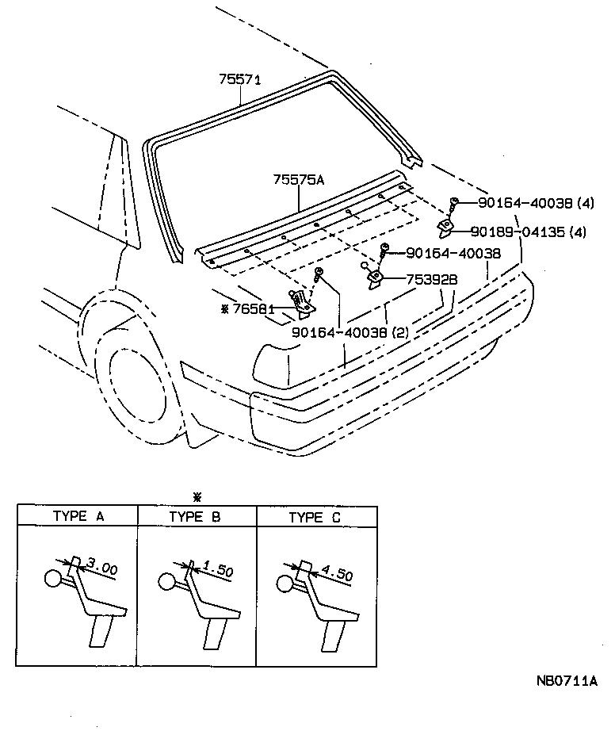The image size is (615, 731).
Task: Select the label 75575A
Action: [299, 180]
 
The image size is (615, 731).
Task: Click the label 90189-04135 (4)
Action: [527, 232]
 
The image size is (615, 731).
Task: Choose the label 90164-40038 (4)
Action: [536, 203]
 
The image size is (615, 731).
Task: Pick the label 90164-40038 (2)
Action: [350, 333]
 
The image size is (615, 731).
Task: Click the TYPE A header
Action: [78, 517]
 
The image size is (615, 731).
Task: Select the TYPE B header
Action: [195, 517]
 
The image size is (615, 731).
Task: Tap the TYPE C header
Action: [315, 517]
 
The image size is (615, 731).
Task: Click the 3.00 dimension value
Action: [101, 568]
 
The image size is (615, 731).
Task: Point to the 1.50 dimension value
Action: [218, 568]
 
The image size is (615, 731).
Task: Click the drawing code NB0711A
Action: [564, 680]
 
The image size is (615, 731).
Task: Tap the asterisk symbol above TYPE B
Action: [197, 497]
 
